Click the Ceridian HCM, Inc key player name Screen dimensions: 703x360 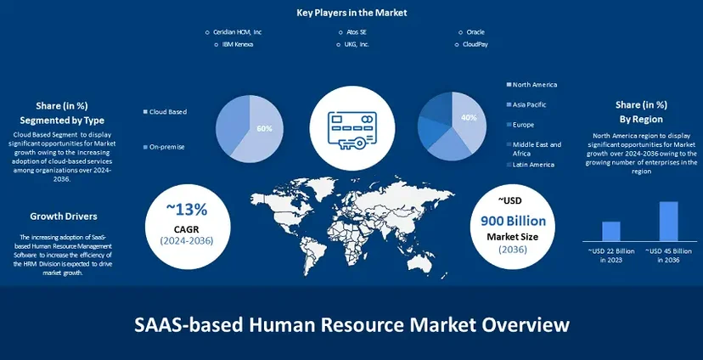237,32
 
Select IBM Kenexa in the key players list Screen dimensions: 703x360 238,44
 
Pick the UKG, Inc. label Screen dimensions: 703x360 357,44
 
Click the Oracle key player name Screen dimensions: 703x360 475,32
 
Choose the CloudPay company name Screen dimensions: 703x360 475,44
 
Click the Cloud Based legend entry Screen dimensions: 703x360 167,111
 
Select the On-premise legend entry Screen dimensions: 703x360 166,147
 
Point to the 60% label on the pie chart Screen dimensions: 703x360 264,129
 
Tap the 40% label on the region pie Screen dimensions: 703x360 469,117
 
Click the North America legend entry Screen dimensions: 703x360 535,85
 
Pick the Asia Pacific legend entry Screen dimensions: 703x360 530,105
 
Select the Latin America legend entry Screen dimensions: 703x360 533,165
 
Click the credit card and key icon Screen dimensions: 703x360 352,127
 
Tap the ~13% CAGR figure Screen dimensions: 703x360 187,209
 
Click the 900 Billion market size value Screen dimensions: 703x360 514,221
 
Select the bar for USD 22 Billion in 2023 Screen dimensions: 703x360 611,231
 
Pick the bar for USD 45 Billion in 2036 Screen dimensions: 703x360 668,222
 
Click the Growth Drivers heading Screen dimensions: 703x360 64,217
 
